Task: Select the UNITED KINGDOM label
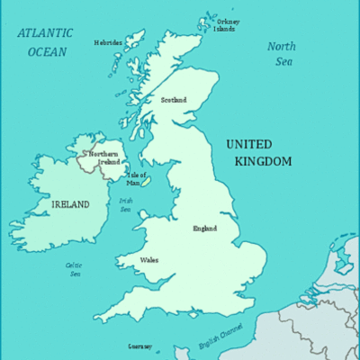click(259, 152)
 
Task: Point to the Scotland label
click(173, 100)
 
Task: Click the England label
click(204, 228)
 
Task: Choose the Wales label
click(149, 260)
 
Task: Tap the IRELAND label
click(69, 204)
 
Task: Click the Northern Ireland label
click(103, 157)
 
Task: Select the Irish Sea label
click(126, 205)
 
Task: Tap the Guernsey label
click(139, 346)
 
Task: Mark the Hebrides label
click(108, 41)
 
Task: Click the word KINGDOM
click(263, 161)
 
